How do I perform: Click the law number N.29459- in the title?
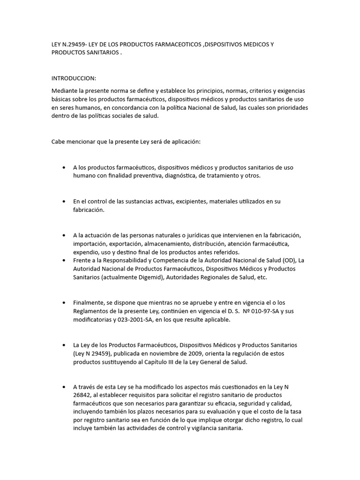(x=74, y=45)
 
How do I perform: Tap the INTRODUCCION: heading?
(x=74, y=78)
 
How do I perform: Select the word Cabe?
(x=59, y=142)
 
